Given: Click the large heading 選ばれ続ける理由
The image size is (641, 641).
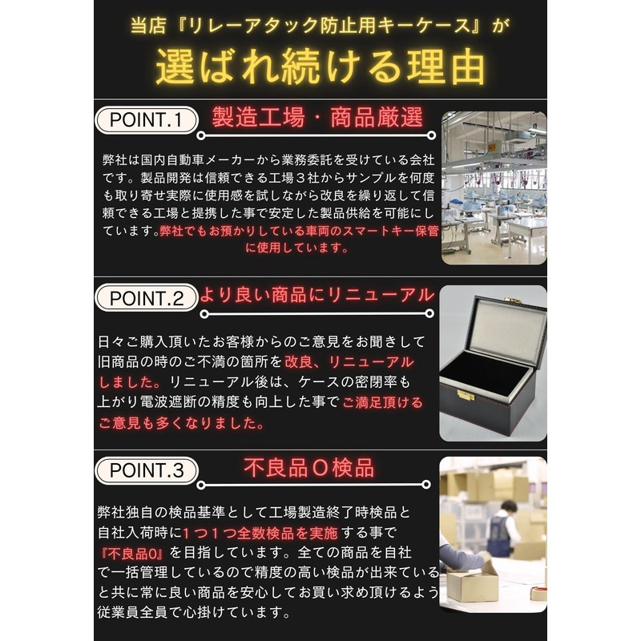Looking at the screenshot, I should pyautogui.click(x=320, y=66).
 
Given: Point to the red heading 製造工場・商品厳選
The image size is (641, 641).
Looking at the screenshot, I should pyautogui.click(x=317, y=119).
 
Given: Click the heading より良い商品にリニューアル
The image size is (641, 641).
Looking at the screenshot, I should pyautogui.click(x=317, y=296).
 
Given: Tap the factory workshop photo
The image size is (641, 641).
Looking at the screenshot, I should pyautogui.click(x=494, y=187).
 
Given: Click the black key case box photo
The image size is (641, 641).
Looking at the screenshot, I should pyautogui.click(x=494, y=364).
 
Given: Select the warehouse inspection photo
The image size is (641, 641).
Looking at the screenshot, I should pyautogui.click(x=494, y=532).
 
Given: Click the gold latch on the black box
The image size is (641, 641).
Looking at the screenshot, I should pyautogui.click(x=466, y=395).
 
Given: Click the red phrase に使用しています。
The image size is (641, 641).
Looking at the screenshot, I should pyautogui.click(x=298, y=248).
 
